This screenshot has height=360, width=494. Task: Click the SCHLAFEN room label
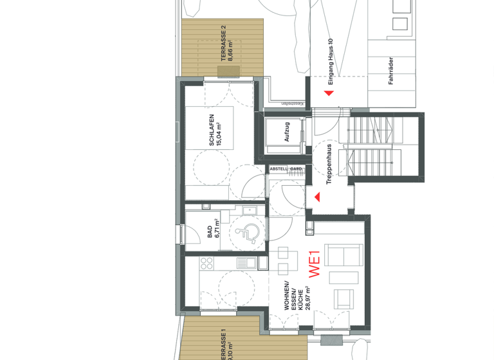(211, 131)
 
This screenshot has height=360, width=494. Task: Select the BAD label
(210, 231)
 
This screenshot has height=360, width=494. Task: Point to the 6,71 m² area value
(217, 230)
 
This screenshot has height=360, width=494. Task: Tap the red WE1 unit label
(315, 265)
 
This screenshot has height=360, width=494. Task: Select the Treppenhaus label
(329, 165)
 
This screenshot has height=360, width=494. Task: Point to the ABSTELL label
(279, 169)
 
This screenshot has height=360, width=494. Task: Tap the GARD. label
(296, 169)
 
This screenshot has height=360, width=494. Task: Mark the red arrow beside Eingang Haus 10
(329, 94)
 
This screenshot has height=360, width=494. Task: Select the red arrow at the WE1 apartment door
(316, 197)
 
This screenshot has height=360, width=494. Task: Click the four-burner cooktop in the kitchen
(207, 263)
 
